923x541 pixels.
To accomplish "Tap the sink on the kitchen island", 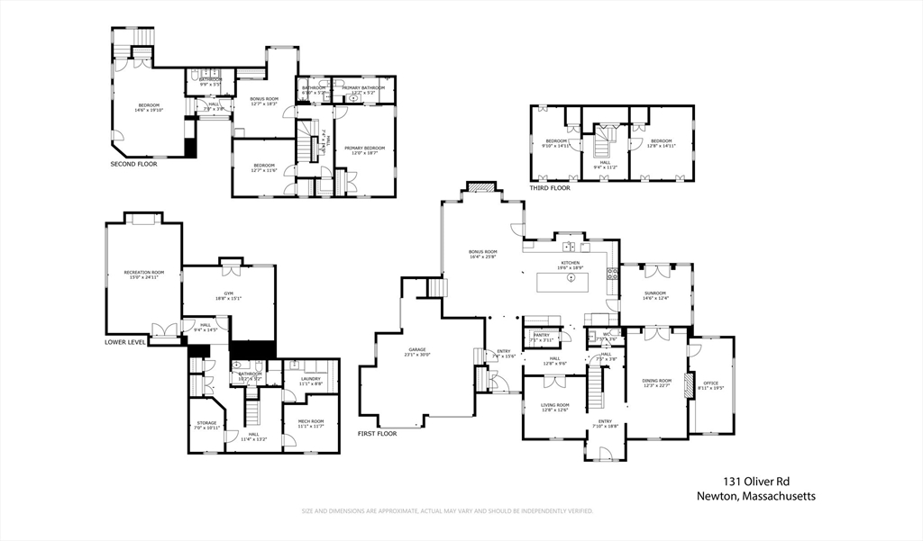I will coord(571,278).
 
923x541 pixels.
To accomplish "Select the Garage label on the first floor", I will coord(416,349).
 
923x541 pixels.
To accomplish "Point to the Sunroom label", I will coord(655,293).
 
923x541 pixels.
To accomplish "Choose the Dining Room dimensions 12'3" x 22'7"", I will coord(657,386).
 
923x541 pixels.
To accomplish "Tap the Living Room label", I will coord(554,405).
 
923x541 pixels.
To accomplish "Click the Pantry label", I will coord(541,335).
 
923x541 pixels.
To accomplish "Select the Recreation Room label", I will coord(144,272).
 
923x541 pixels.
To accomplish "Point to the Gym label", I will coord(228,293).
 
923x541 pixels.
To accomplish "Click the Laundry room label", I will coord(310,379).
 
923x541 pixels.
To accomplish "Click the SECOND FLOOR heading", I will coord(134,165).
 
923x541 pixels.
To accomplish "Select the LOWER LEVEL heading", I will coord(126,343).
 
